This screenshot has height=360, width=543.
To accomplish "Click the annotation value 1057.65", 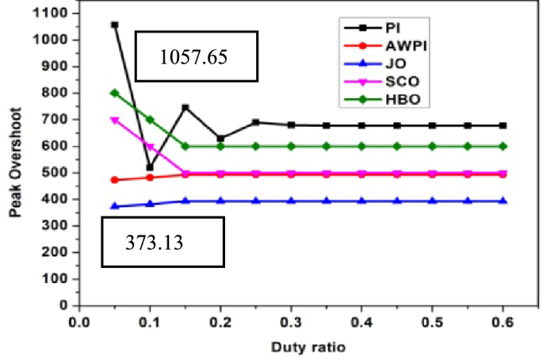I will coord(197,57).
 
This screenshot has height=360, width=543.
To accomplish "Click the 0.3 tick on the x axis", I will coord(290,321).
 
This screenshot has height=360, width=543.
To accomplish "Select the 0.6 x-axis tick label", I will coord(503,321).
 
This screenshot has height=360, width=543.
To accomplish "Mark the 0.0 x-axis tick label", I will coord(78,321).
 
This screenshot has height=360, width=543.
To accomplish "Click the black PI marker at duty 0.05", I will coord(114,25).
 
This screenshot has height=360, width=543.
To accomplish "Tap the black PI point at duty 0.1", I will coord(150,167).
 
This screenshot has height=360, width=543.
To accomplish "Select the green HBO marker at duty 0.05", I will coord(114,93).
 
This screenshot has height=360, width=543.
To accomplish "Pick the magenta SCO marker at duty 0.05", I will coord(114,120).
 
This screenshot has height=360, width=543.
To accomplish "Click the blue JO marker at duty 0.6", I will coord(503,201).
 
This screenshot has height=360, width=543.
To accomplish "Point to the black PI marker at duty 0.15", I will coord(185,107).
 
